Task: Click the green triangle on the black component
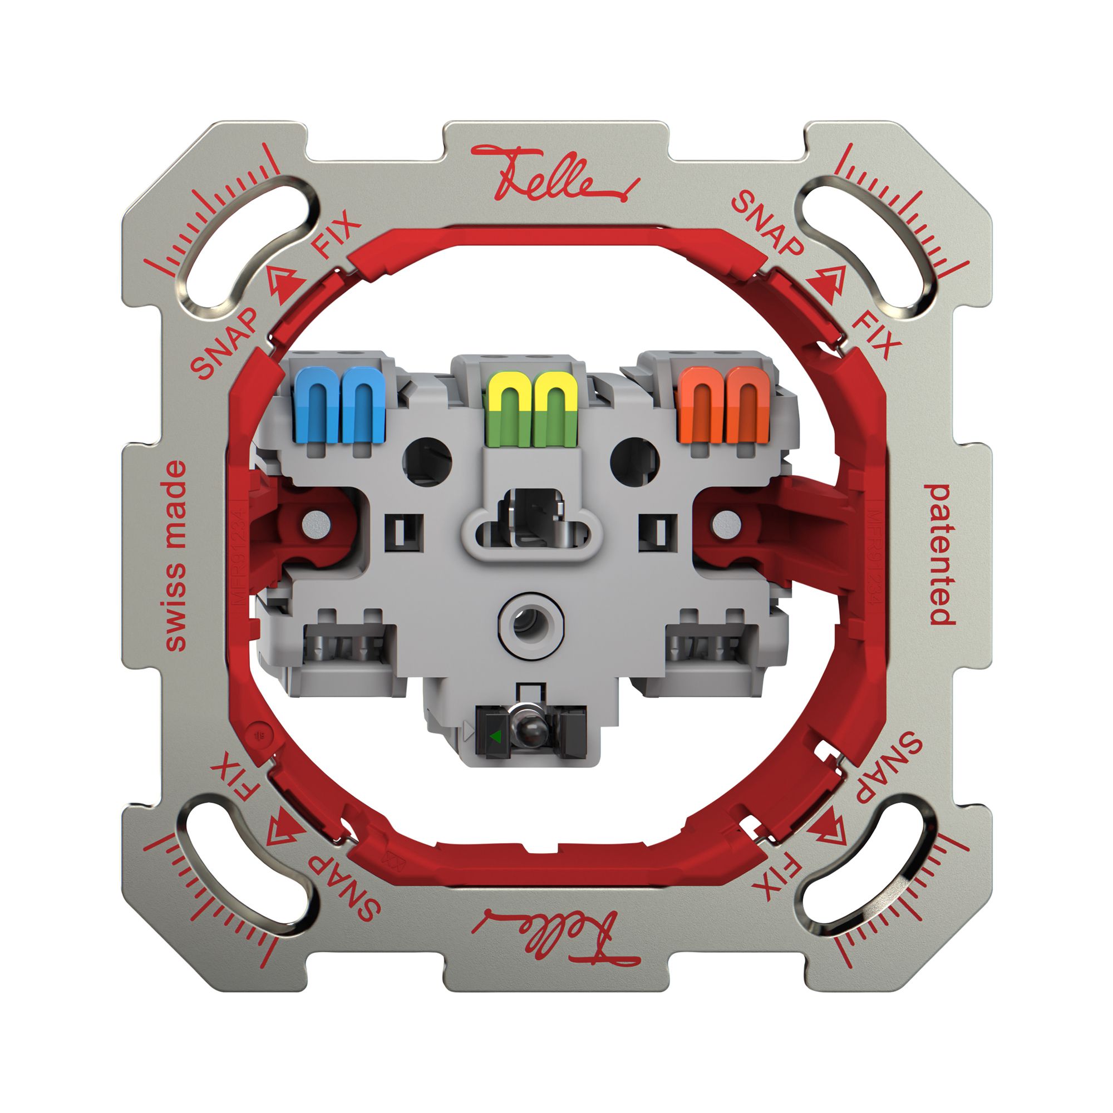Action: [494, 736]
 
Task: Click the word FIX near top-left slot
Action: [335, 235]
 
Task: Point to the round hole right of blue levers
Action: [427, 461]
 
